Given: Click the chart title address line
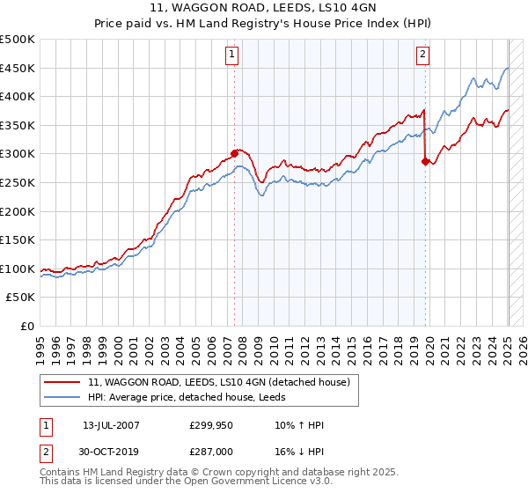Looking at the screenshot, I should (263, 10).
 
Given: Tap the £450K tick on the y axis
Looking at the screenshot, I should (18, 68).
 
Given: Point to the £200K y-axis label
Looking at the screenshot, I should (18, 211).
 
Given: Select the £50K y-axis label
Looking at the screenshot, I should (21, 298).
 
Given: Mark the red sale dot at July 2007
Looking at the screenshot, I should (235, 153).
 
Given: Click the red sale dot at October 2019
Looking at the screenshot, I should (426, 161).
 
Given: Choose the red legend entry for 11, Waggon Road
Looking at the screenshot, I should (219, 382).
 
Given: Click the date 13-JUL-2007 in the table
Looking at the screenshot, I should (111, 425).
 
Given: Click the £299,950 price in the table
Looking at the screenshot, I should (211, 425).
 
